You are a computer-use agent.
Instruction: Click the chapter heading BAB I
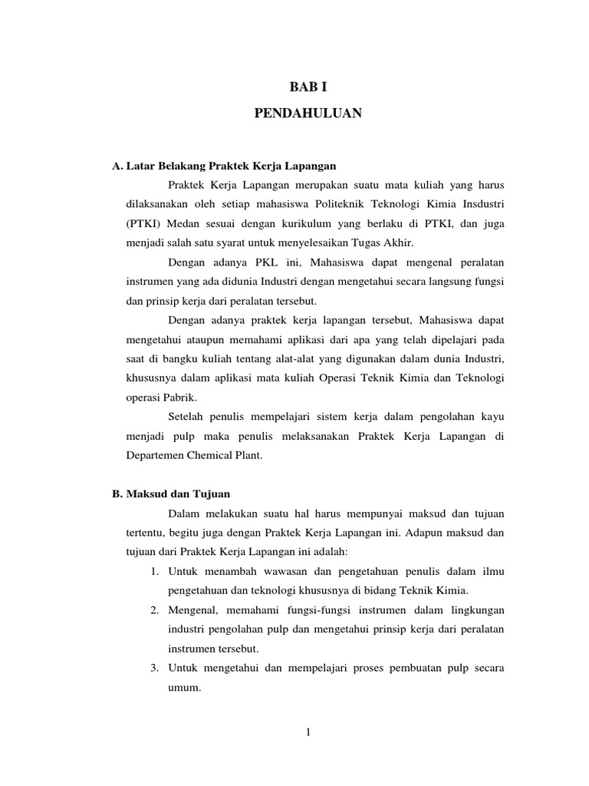[x=308, y=88]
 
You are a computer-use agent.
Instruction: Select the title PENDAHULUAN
[x=308, y=114]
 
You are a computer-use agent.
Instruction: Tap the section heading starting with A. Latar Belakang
[x=224, y=165]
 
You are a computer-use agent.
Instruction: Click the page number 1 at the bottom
[x=308, y=732]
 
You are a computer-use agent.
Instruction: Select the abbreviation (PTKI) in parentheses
[x=143, y=224]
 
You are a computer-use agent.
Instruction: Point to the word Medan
[x=180, y=224]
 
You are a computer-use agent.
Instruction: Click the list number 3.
[x=154, y=668]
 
